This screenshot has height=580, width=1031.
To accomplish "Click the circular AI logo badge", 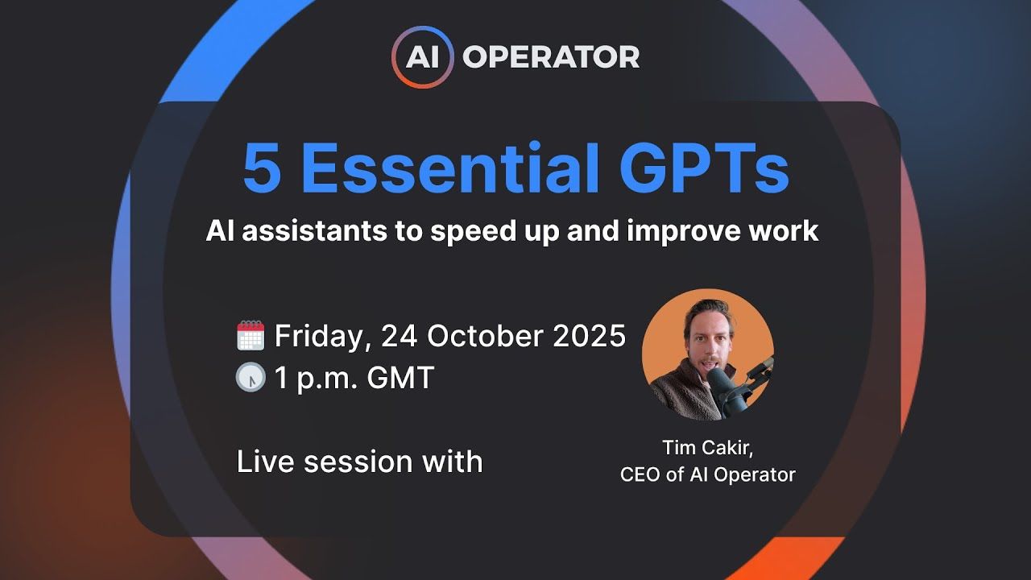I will tap(423, 56).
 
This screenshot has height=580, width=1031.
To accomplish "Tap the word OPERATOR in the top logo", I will tap(551, 56).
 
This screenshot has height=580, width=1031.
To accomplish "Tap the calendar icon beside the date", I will tap(251, 335).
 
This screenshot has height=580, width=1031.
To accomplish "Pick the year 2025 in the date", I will tap(590, 336).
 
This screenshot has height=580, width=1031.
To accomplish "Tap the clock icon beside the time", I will tap(251, 378).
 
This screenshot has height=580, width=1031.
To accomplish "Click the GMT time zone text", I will tap(400, 378).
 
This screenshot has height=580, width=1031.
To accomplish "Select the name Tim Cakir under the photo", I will tap(706, 448).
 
